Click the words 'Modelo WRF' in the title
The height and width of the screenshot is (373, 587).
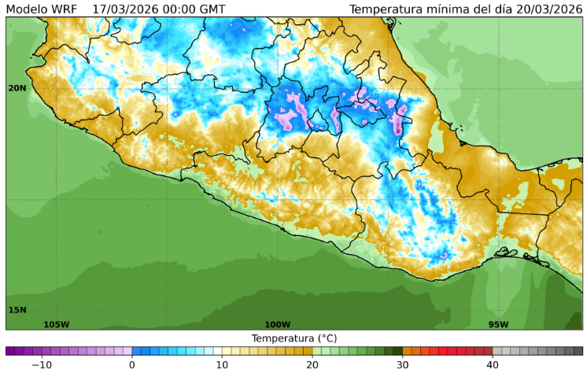(41, 9)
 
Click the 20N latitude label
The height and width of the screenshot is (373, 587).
(17, 88)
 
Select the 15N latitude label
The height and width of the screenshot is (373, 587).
(17, 309)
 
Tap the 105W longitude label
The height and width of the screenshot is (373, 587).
(56, 324)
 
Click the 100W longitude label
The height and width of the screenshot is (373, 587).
(277, 324)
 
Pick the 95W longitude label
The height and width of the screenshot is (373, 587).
(498, 324)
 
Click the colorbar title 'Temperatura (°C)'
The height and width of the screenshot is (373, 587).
(294, 338)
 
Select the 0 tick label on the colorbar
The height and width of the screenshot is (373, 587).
(132, 364)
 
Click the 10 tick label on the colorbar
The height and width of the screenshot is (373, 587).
(222, 364)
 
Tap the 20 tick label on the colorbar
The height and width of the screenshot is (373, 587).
(312, 364)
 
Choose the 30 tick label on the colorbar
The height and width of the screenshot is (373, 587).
(402, 364)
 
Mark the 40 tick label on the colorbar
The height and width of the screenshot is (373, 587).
(493, 364)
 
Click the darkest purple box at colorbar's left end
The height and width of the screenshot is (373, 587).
(10, 351)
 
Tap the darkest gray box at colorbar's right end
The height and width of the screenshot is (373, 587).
(578, 351)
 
